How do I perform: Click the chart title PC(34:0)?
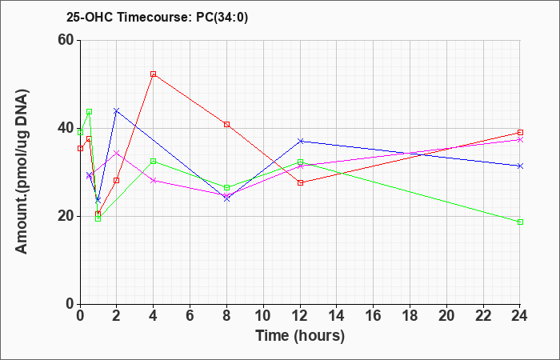[222, 17]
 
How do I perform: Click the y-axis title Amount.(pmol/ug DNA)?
[22, 171]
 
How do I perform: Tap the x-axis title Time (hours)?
[300, 336]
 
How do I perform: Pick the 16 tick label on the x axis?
[374, 315]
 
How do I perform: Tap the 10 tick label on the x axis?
[263, 315]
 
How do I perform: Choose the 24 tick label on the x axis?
[520, 315]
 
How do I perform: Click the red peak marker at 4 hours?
[154, 74]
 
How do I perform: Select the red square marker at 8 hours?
[226, 124]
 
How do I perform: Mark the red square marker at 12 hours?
[300, 183]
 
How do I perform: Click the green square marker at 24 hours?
[520, 222]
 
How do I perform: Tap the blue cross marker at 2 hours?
[116, 110]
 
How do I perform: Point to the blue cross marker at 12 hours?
[300, 141]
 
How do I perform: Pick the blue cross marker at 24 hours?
[520, 166]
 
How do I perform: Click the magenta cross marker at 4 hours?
[154, 180]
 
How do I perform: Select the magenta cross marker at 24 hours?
[520, 140]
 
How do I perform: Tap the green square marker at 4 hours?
[154, 161]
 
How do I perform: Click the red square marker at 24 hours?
[520, 133]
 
